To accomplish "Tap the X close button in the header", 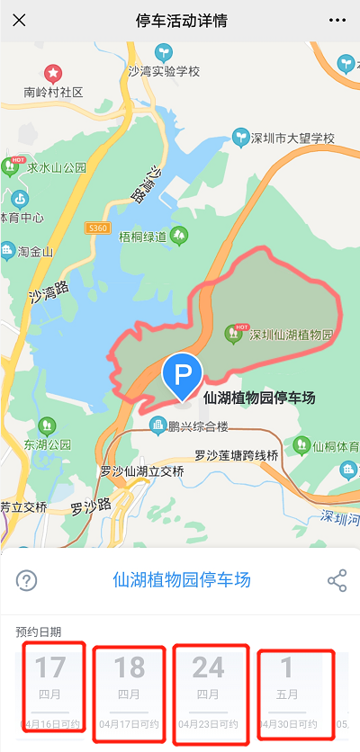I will coord(19,20).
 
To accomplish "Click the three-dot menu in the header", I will coord(337,20).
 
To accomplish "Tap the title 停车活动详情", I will coord(180,20).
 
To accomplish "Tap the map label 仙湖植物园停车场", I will coord(260,397).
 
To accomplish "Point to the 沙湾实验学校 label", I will coord(163,71).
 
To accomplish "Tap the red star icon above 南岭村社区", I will coord(53,73).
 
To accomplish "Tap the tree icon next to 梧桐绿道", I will coord(180,237).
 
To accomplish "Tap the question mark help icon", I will coord(27,580).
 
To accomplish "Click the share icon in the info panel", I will coord(337,580).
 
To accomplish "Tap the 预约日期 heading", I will coord(39,631).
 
